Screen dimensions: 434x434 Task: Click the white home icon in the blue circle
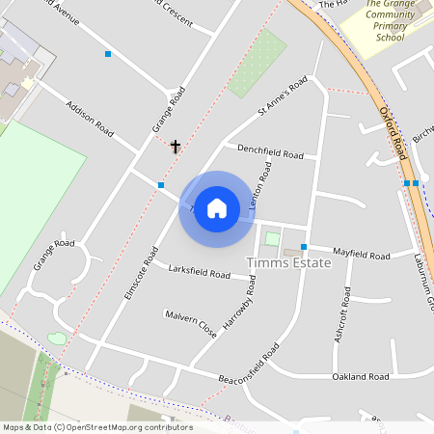point(217,208)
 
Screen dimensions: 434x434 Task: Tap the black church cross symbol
point(176,147)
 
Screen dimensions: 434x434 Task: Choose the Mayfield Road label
point(361,255)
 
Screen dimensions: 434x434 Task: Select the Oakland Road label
point(359,376)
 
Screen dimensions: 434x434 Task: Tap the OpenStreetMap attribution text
point(97,427)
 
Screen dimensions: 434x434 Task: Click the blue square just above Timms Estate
point(303,247)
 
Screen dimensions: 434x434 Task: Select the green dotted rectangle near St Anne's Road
point(257,64)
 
